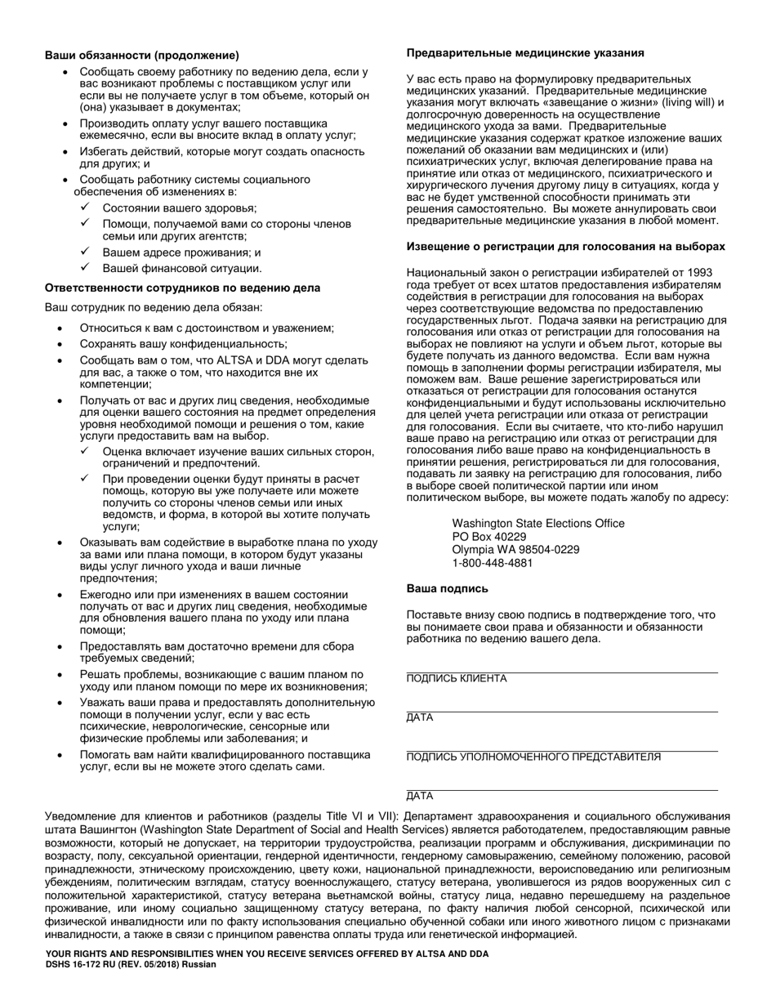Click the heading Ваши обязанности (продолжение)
point(142,56)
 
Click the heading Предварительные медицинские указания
point(525,52)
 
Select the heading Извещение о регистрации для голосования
point(565,246)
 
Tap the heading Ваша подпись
point(448,587)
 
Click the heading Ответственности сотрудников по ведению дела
point(182,288)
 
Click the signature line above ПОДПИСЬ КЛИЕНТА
point(562,672)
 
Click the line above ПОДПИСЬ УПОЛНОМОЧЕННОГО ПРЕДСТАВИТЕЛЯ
point(562,750)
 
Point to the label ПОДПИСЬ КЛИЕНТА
point(456,679)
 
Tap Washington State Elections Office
point(538,524)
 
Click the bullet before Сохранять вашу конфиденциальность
point(61,344)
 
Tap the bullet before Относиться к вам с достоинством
point(61,328)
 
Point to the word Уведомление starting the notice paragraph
point(83,815)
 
